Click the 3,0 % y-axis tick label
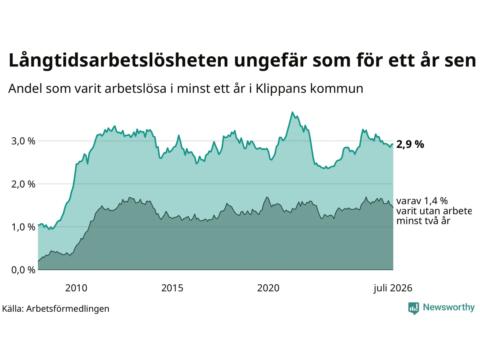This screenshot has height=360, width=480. pos(23,141)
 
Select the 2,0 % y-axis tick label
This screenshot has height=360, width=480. pos(23,184)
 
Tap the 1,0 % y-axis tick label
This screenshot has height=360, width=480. pos(23,227)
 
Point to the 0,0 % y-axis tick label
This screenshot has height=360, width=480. pos(23,270)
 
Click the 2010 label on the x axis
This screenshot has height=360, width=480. pos(76,288)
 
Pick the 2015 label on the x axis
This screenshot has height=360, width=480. pos(172,288)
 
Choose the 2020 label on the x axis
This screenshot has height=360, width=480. pos(268,288)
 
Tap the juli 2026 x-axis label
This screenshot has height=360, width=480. pos(393,288)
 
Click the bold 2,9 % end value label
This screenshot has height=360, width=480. pos(410,144)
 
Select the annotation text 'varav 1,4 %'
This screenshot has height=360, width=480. pos(422,201)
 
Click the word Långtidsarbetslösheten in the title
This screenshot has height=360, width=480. pos(118,60)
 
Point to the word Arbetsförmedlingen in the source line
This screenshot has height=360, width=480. pos(67,309)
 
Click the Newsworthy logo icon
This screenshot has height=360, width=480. pos(414,308)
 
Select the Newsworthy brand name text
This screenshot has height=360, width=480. pos(449,307)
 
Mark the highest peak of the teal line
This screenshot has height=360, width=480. pos(292,112)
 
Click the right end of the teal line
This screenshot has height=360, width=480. pos(393,144)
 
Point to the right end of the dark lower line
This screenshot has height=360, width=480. pos(393,207)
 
